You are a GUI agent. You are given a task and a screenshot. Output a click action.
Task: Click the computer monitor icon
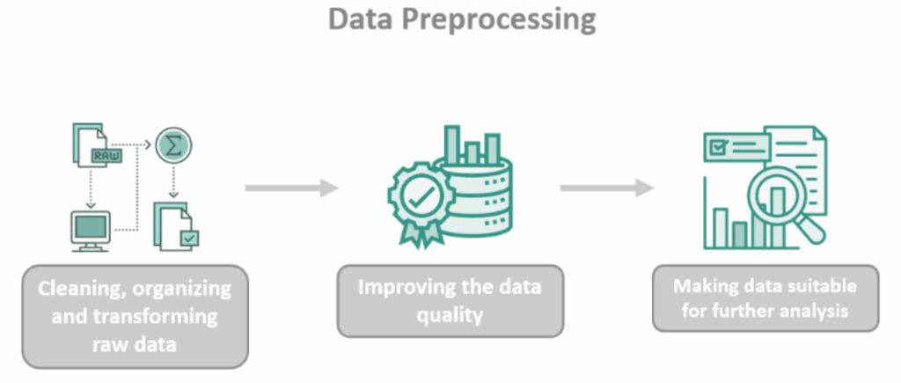pos(91,230)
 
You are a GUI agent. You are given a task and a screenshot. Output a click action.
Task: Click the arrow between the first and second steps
pos(291,188)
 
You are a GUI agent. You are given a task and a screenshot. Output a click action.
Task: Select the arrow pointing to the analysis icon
pos(607,188)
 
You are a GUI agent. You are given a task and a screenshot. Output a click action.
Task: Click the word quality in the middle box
pos(450,314)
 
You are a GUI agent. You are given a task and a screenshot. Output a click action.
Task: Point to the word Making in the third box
pos(707,286)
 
